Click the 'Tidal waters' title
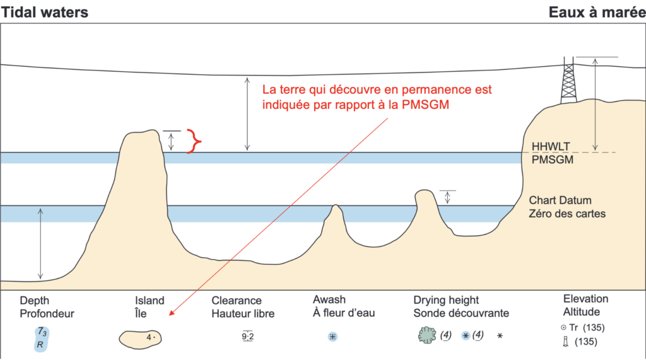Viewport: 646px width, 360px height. tap(45, 13)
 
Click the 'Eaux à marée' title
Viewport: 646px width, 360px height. tap(597, 13)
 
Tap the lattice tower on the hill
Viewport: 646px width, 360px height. tap(568, 80)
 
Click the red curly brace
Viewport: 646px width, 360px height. tap(194, 141)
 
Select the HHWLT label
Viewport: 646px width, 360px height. tap(551, 147)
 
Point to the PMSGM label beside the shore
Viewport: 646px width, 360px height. tap(553, 160)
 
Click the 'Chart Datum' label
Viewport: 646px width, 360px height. tap(560, 200)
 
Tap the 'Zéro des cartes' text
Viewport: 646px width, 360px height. tap(567, 214)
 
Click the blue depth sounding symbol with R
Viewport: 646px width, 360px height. tap(41, 339)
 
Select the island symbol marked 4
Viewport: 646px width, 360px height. tap(140, 339)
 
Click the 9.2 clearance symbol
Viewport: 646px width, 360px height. tap(247, 337)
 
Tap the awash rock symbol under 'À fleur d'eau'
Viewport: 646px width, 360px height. tap(332, 337)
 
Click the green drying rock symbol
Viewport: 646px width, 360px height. tap(427, 335)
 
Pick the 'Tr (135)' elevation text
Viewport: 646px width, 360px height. tap(582, 328)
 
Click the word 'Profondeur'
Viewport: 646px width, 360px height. tap(47, 314)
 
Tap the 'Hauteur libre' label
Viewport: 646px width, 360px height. tap(243, 314)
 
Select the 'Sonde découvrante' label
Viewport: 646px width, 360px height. tap(461, 313)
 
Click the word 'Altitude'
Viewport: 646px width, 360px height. tap(582, 312)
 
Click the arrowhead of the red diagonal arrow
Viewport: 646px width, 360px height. tap(170, 314)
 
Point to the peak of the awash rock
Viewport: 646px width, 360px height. tap(336, 205)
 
